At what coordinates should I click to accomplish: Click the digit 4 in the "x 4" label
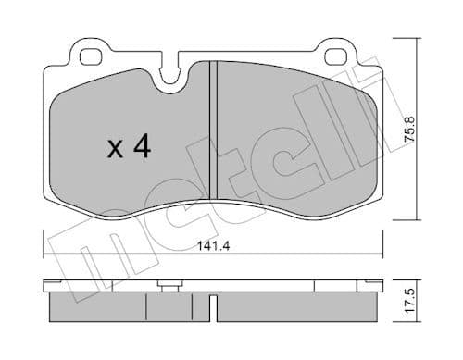pyautogui.click(x=141, y=148)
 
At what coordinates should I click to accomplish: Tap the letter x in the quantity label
pyautogui.click(x=115, y=150)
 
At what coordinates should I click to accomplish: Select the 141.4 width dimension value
pyautogui.click(x=214, y=245)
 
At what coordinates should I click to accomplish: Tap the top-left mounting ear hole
pyautogui.click(x=89, y=56)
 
